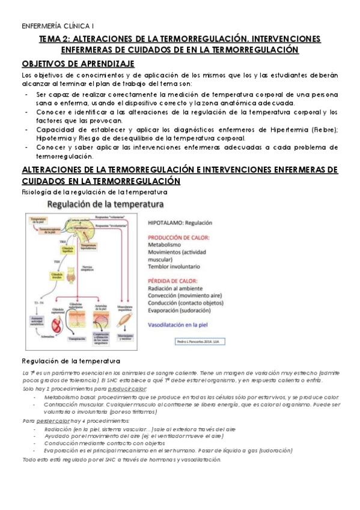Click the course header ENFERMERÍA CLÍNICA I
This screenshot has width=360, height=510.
pyautogui.click(x=52, y=26)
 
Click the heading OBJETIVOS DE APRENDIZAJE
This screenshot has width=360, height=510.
pyautogui.click(x=78, y=64)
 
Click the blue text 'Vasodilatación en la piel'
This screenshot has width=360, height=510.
pyautogui.click(x=185, y=325)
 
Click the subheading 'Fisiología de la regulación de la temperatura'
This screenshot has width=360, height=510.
pyautogui.click(x=94, y=192)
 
